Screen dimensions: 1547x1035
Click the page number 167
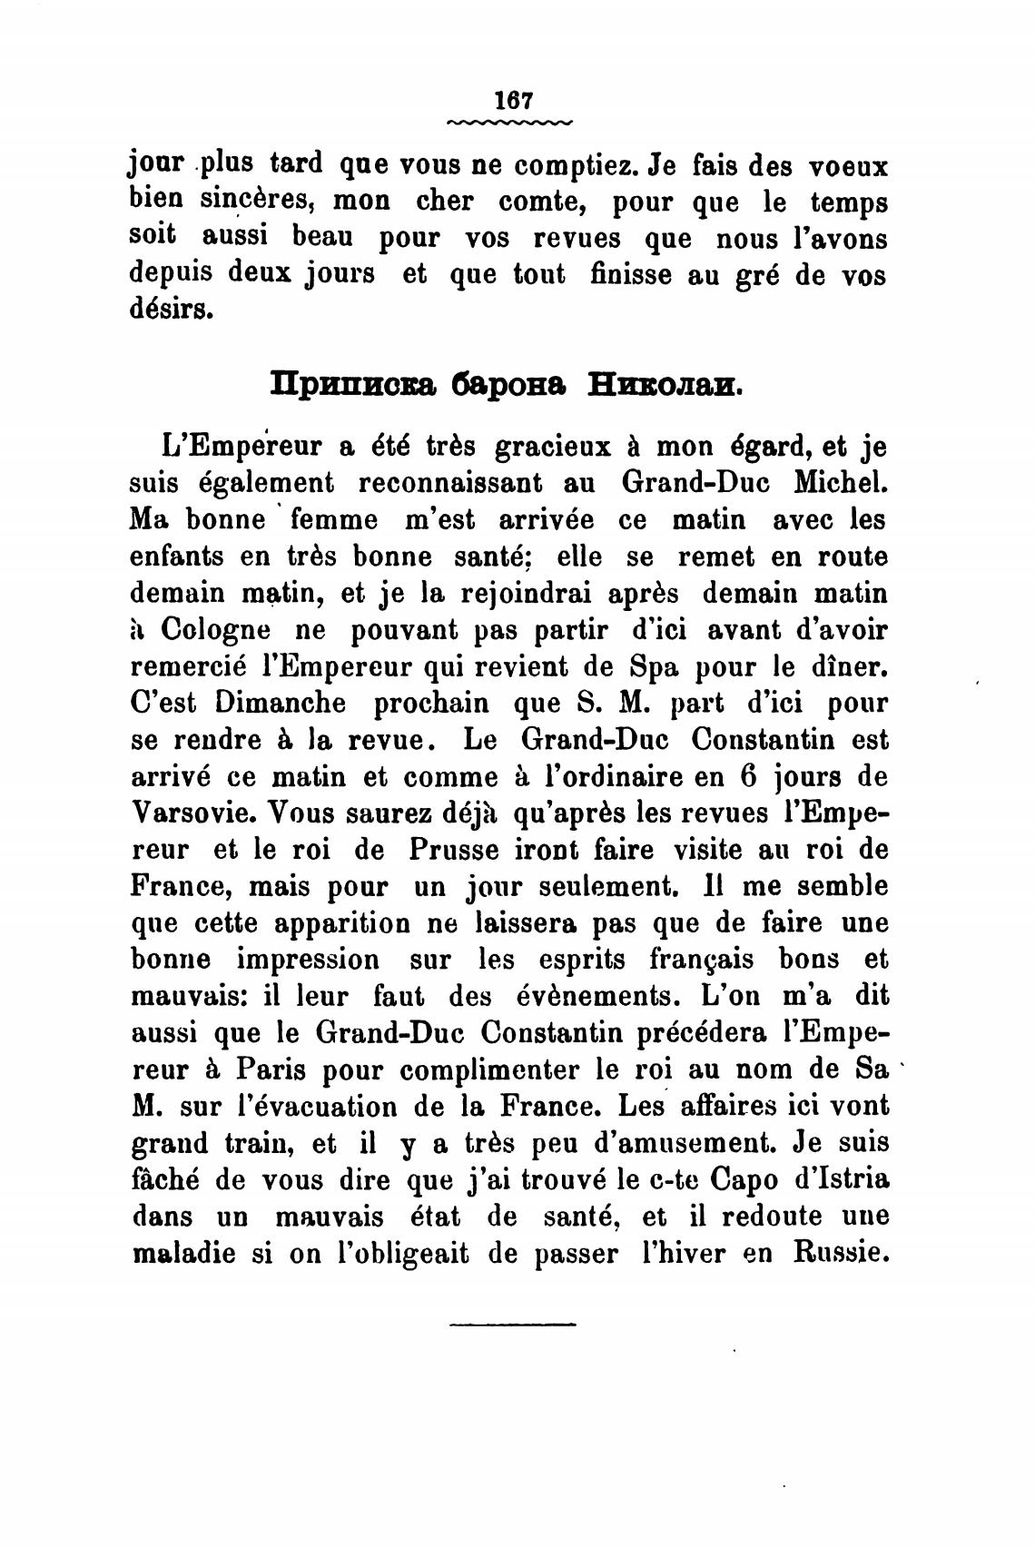point(512,99)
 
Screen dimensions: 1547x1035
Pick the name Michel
point(840,483)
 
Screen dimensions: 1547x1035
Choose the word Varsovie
point(188,813)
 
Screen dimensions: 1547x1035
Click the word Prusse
point(454,851)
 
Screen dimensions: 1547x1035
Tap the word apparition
point(348,923)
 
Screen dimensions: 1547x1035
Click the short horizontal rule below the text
point(512,1325)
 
